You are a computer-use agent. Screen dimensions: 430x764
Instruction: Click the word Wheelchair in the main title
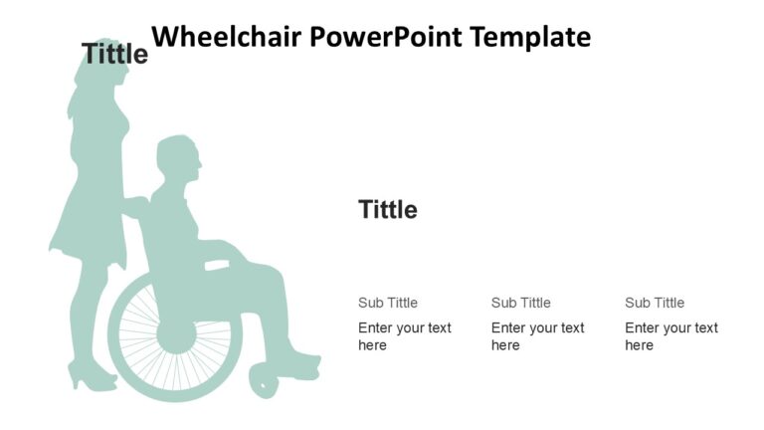point(226,38)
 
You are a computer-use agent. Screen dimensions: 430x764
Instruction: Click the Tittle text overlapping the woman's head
point(114,54)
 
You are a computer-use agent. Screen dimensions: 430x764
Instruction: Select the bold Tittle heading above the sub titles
point(387,210)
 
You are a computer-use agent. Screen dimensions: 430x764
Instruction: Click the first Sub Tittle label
point(387,303)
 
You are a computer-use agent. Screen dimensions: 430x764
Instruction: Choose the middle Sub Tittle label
point(520,303)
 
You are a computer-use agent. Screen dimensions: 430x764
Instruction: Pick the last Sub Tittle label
point(654,303)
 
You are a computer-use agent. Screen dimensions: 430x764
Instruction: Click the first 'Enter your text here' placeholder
point(404,336)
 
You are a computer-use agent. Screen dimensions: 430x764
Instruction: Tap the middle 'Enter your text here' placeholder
point(537,336)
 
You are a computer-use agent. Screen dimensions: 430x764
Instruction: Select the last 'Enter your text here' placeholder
point(670,336)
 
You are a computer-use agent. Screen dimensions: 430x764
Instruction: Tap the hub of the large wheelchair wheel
point(177,333)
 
